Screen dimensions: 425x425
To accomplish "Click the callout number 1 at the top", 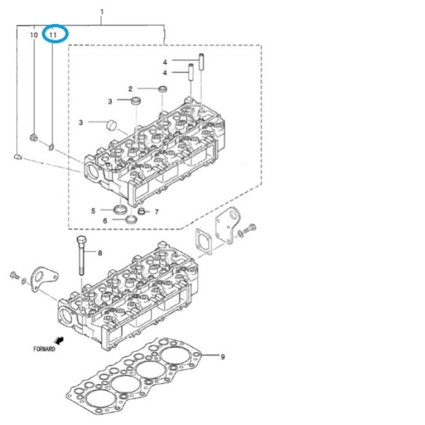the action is pyautogui.click(x=102, y=12).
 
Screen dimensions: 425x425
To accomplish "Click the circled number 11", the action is pyautogui.click(x=53, y=35).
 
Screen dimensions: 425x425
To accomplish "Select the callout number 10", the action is pyautogui.click(x=33, y=35).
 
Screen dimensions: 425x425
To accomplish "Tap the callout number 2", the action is pyautogui.click(x=130, y=89).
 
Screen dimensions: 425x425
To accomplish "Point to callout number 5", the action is pyautogui.click(x=93, y=210).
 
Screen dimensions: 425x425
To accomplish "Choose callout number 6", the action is pyautogui.click(x=105, y=221).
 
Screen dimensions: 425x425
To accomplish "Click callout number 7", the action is pyautogui.click(x=157, y=212).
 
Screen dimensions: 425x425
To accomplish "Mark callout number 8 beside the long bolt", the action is pyautogui.click(x=100, y=253).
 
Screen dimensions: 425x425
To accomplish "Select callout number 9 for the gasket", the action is pyautogui.click(x=222, y=357).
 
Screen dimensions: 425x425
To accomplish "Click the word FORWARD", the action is pyautogui.click(x=44, y=349).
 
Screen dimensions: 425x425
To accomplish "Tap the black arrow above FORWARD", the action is pyautogui.click(x=59, y=340).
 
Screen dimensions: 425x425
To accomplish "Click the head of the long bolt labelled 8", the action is pyautogui.click(x=81, y=240).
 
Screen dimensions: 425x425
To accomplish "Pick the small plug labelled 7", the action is pyautogui.click(x=141, y=211).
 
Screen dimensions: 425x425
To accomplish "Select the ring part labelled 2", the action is pyautogui.click(x=163, y=89).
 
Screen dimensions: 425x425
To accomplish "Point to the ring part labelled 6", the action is pyautogui.click(x=132, y=219).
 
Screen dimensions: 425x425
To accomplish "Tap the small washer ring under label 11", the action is pyautogui.click(x=51, y=147).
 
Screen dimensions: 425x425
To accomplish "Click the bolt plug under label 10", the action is pyautogui.click(x=33, y=137).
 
